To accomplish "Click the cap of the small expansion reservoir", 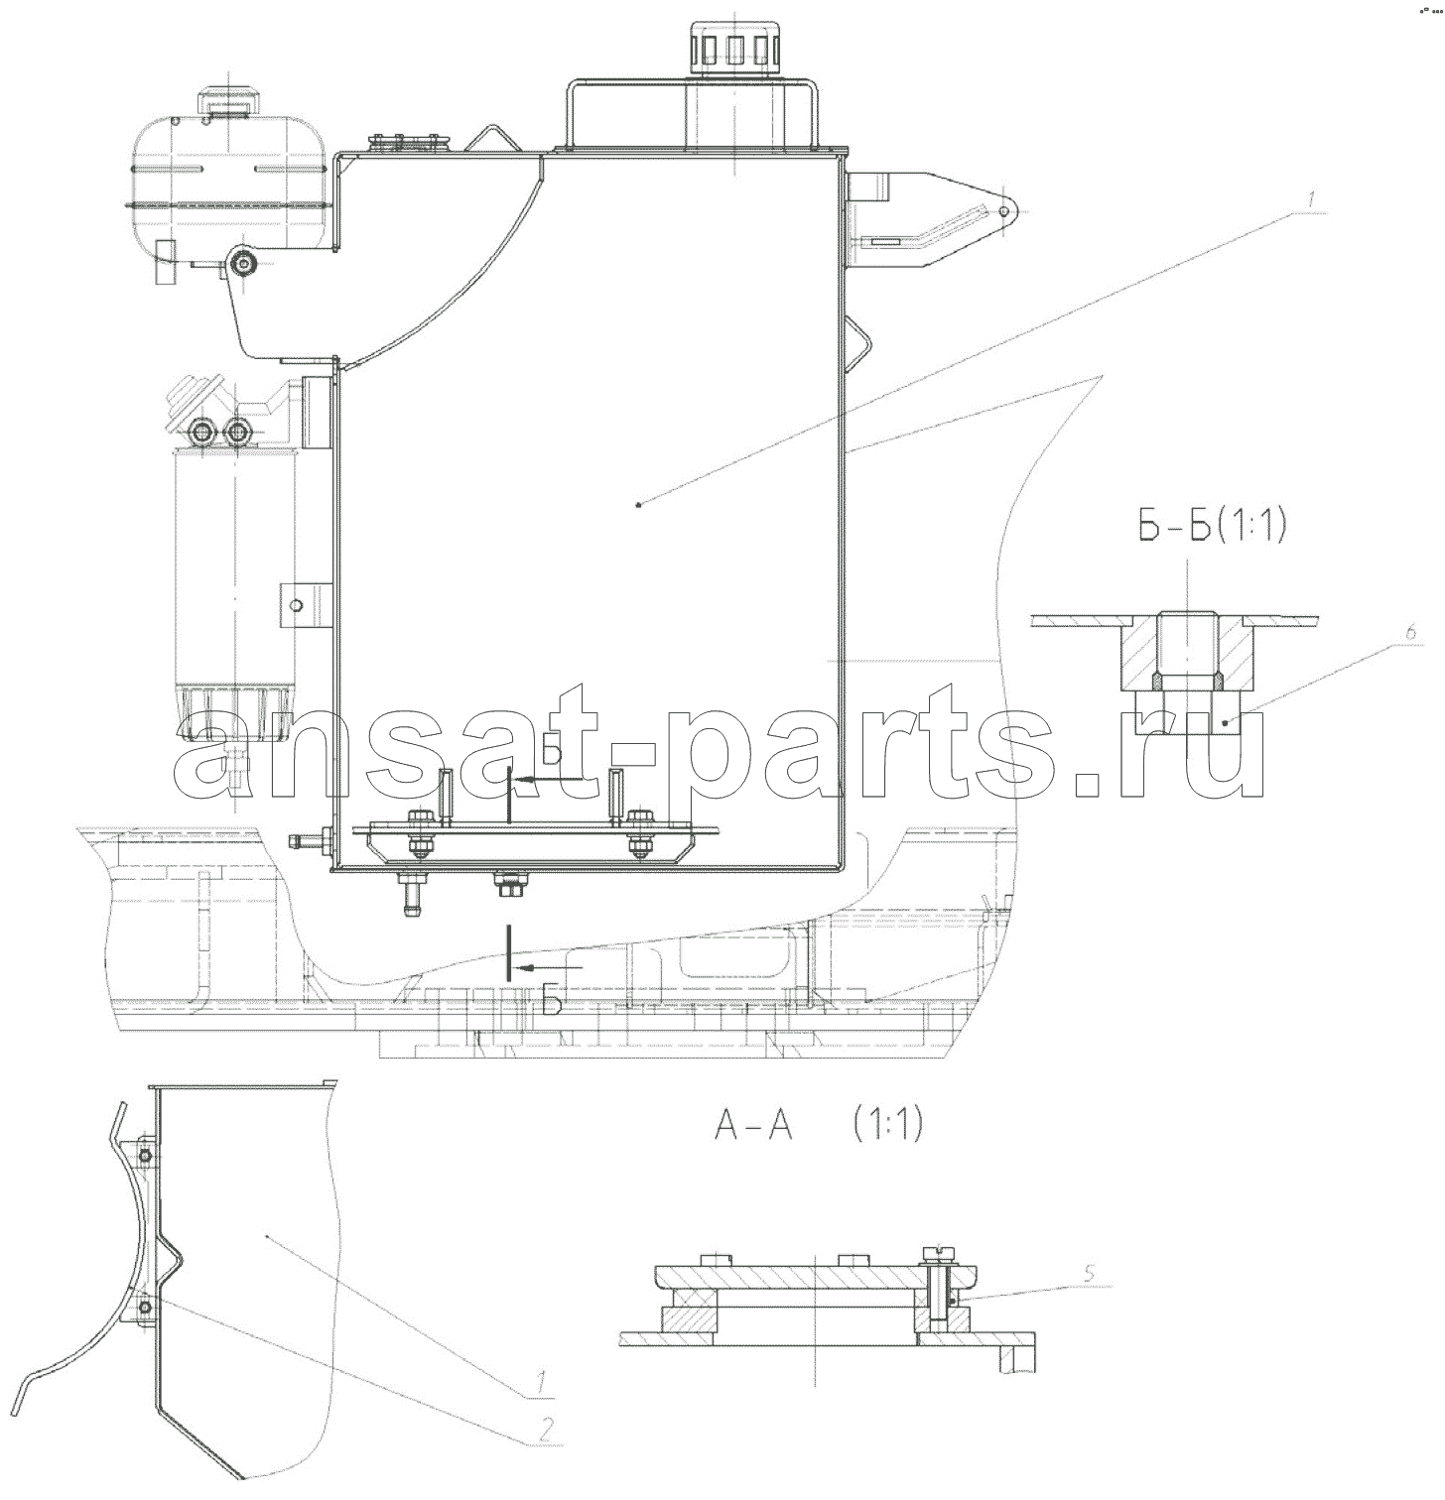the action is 230,102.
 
